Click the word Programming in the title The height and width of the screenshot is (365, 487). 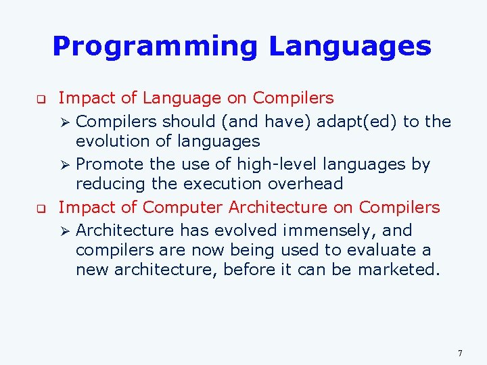[x=155, y=47]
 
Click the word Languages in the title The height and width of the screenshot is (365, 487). [x=350, y=47]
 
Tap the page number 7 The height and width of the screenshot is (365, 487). [x=460, y=353]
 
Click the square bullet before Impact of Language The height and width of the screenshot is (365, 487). [x=41, y=99]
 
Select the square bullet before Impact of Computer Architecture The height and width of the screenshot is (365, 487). [x=41, y=208]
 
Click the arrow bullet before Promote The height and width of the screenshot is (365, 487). [x=65, y=164]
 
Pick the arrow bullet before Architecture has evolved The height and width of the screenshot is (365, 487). [x=65, y=230]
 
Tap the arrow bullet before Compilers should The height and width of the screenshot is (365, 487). [x=65, y=122]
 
